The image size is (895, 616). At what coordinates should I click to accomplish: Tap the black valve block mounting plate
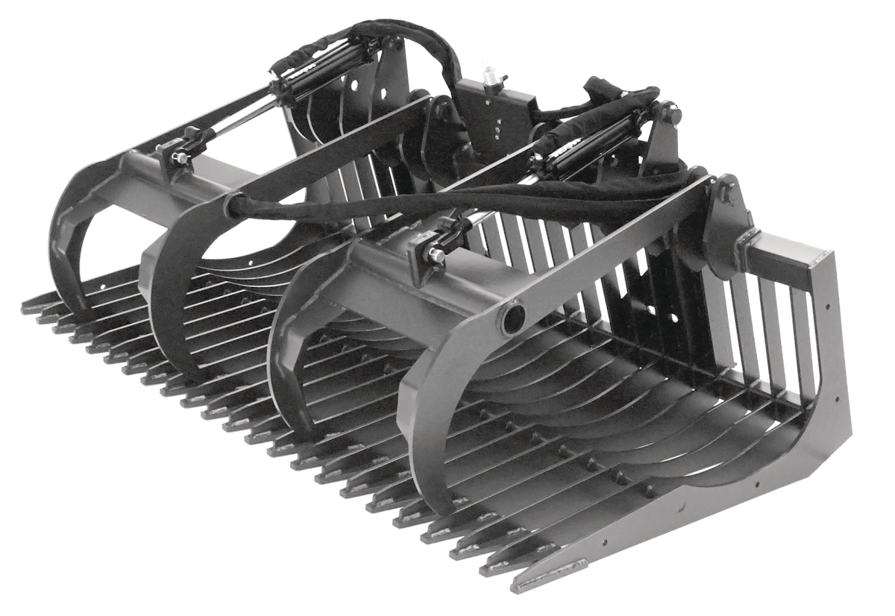click(496, 112)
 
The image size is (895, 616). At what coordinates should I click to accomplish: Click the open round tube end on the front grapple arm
click(513, 319)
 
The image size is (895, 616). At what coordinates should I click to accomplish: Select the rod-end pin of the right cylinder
click(434, 254)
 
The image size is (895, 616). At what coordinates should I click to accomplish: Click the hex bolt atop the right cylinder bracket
click(673, 114)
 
